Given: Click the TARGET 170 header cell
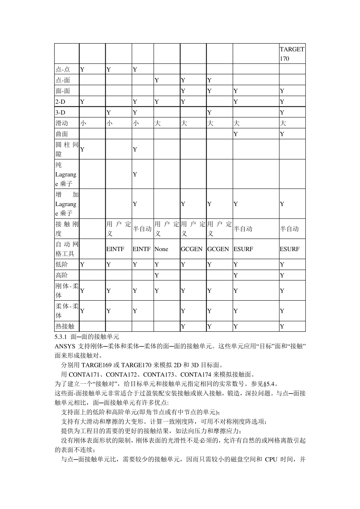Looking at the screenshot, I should pos(292,54).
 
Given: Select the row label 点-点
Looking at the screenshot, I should pos(63,69).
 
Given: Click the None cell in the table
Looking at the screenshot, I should pos(161,249).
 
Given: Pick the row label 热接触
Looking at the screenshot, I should pos(65,326).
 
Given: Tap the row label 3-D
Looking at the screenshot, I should pos(61,112).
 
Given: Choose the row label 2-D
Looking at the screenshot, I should pos(61,101).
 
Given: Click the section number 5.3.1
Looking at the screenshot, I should pos(61,336).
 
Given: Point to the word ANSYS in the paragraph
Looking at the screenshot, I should pos(65,346).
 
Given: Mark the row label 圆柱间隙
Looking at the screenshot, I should pos(67,149).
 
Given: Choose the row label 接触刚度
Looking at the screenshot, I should pos(67,229).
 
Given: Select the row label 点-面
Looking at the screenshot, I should pos(63,80).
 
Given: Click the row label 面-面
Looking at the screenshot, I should pos(63,91).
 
